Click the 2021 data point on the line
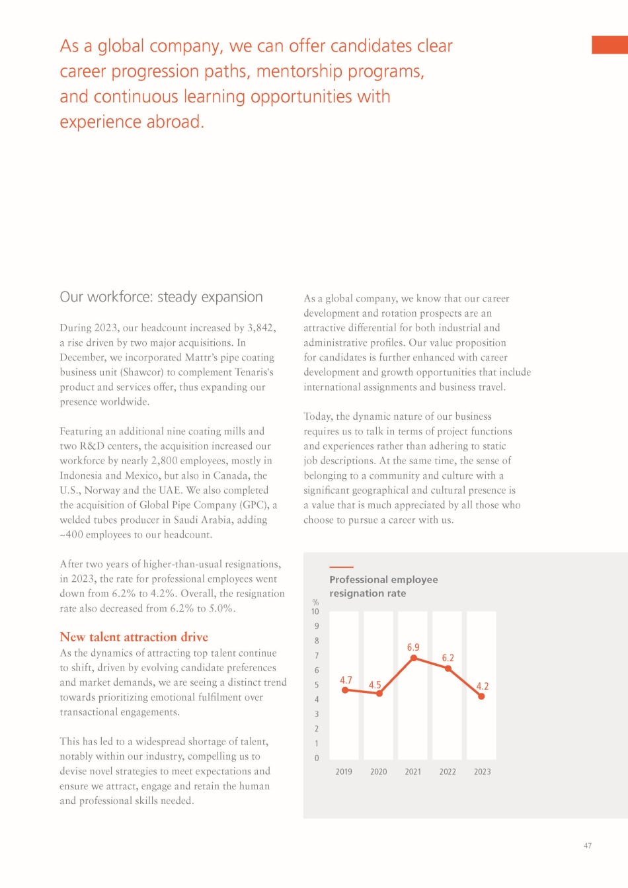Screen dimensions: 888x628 click(414, 658)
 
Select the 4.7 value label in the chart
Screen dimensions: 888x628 click(346, 680)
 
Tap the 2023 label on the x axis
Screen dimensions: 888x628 click(483, 772)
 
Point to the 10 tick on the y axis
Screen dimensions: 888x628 click(315, 612)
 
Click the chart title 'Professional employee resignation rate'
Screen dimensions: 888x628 click(383, 586)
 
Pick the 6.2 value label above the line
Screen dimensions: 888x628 click(448, 658)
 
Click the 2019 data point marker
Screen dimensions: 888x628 click(345, 690)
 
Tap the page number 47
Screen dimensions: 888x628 click(588, 846)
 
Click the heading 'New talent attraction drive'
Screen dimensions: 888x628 click(134, 637)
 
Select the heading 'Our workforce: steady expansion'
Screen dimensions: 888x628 click(161, 297)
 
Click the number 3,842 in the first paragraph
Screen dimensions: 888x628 click(261, 328)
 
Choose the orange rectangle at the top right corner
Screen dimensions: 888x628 click(609, 45)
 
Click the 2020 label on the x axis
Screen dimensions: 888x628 click(379, 772)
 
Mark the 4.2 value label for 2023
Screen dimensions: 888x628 click(483, 686)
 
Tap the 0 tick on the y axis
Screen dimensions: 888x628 click(317, 758)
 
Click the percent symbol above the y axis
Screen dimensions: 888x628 click(315, 602)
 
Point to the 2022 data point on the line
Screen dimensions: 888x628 click(448, 668)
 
